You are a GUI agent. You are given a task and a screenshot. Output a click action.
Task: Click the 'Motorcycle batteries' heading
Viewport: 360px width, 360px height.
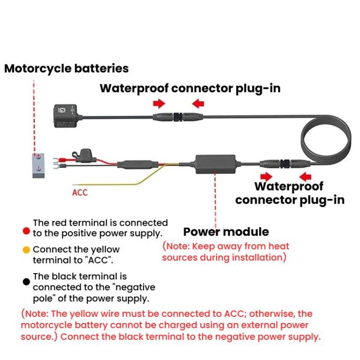point(66,68)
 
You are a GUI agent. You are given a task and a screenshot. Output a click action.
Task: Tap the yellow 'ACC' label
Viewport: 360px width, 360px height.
point(80,193)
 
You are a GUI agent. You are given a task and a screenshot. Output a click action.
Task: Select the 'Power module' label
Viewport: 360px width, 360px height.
point(226,232)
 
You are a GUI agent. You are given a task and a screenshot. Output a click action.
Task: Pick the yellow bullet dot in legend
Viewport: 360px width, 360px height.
point(27,250)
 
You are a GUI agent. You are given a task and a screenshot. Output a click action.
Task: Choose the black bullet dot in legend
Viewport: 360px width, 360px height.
point(27,282)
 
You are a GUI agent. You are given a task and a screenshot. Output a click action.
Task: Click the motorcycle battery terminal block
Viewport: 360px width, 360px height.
point(37,165)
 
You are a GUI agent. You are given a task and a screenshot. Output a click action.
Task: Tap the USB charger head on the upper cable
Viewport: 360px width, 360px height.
point(62,113)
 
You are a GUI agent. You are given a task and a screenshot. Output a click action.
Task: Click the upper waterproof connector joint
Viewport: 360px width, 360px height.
point(178,117)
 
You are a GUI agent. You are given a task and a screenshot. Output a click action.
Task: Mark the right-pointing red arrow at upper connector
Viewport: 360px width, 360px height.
point(159,103)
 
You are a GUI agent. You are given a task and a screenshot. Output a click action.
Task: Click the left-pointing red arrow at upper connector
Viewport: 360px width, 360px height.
point(198,103)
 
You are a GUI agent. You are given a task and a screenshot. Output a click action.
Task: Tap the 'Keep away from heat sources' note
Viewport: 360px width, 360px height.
point(226,252)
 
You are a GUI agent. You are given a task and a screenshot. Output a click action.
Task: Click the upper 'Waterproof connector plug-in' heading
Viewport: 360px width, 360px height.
point(190,88)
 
